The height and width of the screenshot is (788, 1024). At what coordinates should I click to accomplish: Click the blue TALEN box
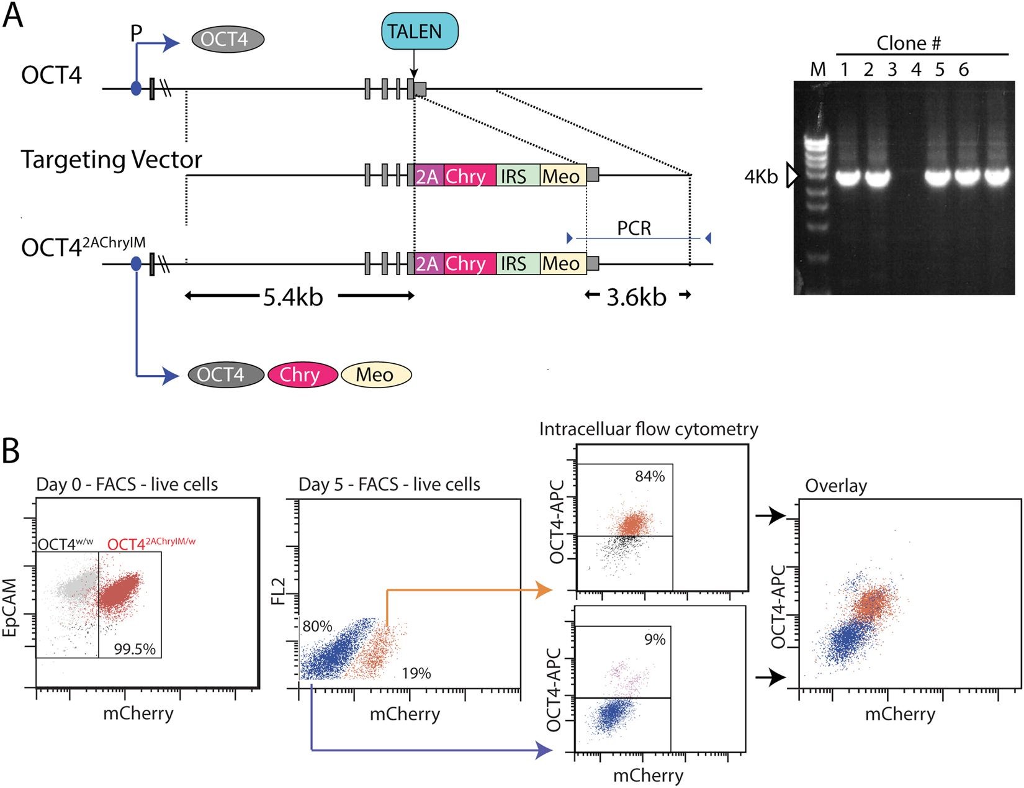coord(420,31)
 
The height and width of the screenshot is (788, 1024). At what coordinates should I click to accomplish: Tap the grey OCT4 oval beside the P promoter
coord(228,39)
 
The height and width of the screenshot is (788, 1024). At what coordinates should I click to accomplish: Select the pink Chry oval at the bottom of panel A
coord(302,375)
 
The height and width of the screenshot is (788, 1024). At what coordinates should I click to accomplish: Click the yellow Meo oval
coord(376,375)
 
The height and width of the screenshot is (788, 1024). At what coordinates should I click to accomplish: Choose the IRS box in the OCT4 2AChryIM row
coord(518,263)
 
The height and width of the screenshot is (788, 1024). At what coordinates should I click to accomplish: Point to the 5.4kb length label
coord(293,297)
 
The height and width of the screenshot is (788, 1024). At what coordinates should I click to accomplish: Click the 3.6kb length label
coord(636,297)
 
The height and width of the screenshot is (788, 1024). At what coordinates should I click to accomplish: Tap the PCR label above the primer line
coord(634,229)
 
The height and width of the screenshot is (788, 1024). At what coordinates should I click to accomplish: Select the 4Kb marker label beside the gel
coord(761,177)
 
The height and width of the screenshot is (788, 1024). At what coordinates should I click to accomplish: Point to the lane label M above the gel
coord(817,70)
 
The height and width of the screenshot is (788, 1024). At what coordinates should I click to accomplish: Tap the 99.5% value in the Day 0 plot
coord(135,649)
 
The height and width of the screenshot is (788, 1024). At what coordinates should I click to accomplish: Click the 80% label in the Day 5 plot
coord(317,627)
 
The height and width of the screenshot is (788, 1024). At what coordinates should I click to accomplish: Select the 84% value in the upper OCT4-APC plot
coord(650,476)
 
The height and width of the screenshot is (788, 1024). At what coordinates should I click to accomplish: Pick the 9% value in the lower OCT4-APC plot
coord(655,640)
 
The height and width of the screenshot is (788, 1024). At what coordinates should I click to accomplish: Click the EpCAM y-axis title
coord(10,607)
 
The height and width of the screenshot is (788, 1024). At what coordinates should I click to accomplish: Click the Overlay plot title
coord(836,486)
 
